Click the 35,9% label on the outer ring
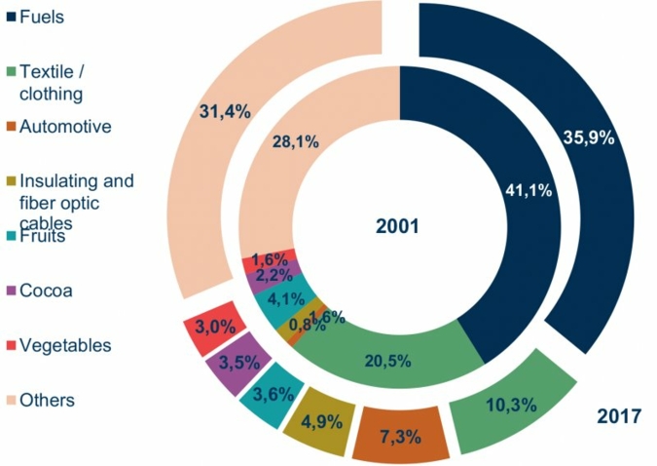coord(589,137)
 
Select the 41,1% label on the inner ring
coord(522,191)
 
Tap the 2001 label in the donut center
coord(397,226)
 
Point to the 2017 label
coord(618,416)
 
